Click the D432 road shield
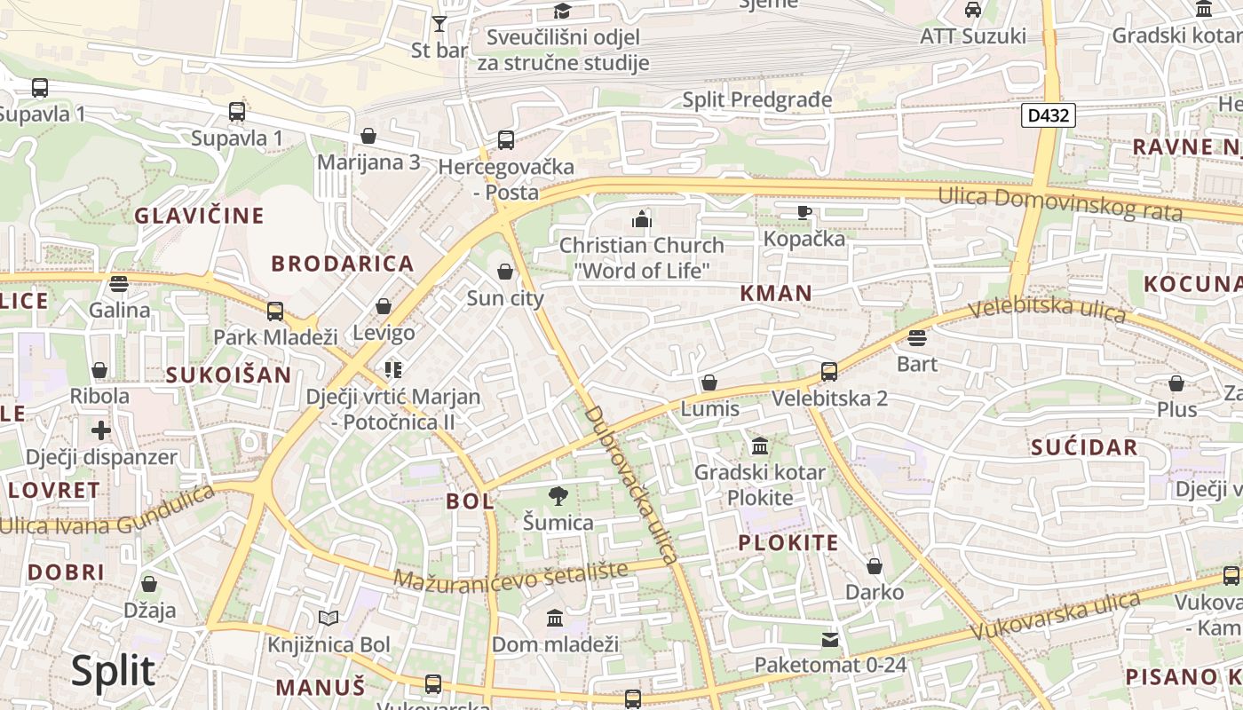[1048, 115]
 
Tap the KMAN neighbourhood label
[776, 294]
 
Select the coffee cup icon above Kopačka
[804, 212]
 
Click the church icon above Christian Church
[641, 218]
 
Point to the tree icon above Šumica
[558, 496]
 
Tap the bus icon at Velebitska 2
[828, 372]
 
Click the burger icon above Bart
[916, 338]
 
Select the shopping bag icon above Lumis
[709, 383]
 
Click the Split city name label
[113, 671]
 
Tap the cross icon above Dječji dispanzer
[101, 430]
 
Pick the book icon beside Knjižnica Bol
[329, 618]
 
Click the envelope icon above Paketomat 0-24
[829, 639]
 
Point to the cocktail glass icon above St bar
[439, 24]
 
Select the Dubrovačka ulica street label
[631, 485]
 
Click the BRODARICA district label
[343, 264]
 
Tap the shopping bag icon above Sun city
[505, 272]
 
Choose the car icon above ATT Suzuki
[972, 10]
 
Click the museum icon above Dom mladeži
[555, 618]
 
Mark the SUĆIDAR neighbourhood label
[1084, 447]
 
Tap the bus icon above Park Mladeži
[275, 311]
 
